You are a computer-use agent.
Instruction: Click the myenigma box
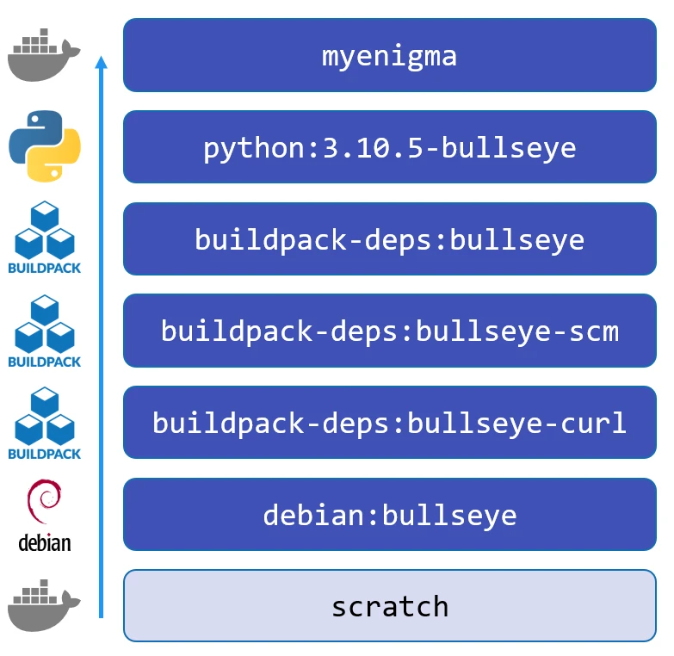tap(389, 55)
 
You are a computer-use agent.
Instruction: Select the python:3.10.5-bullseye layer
tap(389, 147)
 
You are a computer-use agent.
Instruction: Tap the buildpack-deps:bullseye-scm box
tap(389, 331)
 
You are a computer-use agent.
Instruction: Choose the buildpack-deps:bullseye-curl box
tap(389, 423)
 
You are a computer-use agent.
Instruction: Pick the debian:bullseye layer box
tap(389, 515)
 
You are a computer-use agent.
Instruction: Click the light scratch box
tap(389, 605)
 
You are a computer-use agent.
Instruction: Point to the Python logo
tap(44, 147)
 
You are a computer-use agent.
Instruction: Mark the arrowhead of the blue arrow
tap(101, 63)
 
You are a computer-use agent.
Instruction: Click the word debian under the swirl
tap(44, 543)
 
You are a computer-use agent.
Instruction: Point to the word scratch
tap(390, 606)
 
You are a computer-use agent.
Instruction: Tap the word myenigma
tap(389, 56)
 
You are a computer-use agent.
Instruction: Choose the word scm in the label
tap(593, 331)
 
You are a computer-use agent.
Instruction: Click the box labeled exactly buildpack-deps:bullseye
tap(389, 239)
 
